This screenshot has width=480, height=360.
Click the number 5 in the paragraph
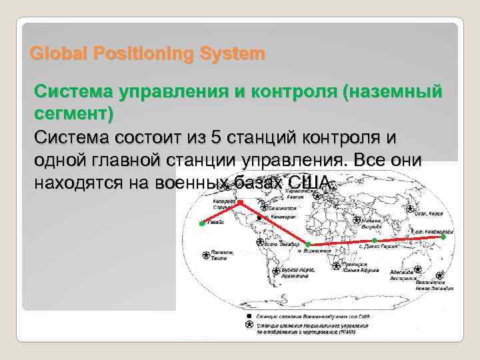point(214,137)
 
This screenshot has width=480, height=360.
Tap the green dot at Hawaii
point(202,224)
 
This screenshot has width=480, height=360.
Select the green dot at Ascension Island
point(306,243)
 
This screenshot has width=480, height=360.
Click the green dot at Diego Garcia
point(375,240)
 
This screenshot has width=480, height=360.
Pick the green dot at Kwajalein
point(443,236)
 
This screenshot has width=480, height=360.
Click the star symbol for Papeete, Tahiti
point(205,254)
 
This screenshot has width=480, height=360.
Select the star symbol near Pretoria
point(334,266)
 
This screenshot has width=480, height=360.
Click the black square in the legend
point(249,314)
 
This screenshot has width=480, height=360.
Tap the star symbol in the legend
point(249,325)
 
